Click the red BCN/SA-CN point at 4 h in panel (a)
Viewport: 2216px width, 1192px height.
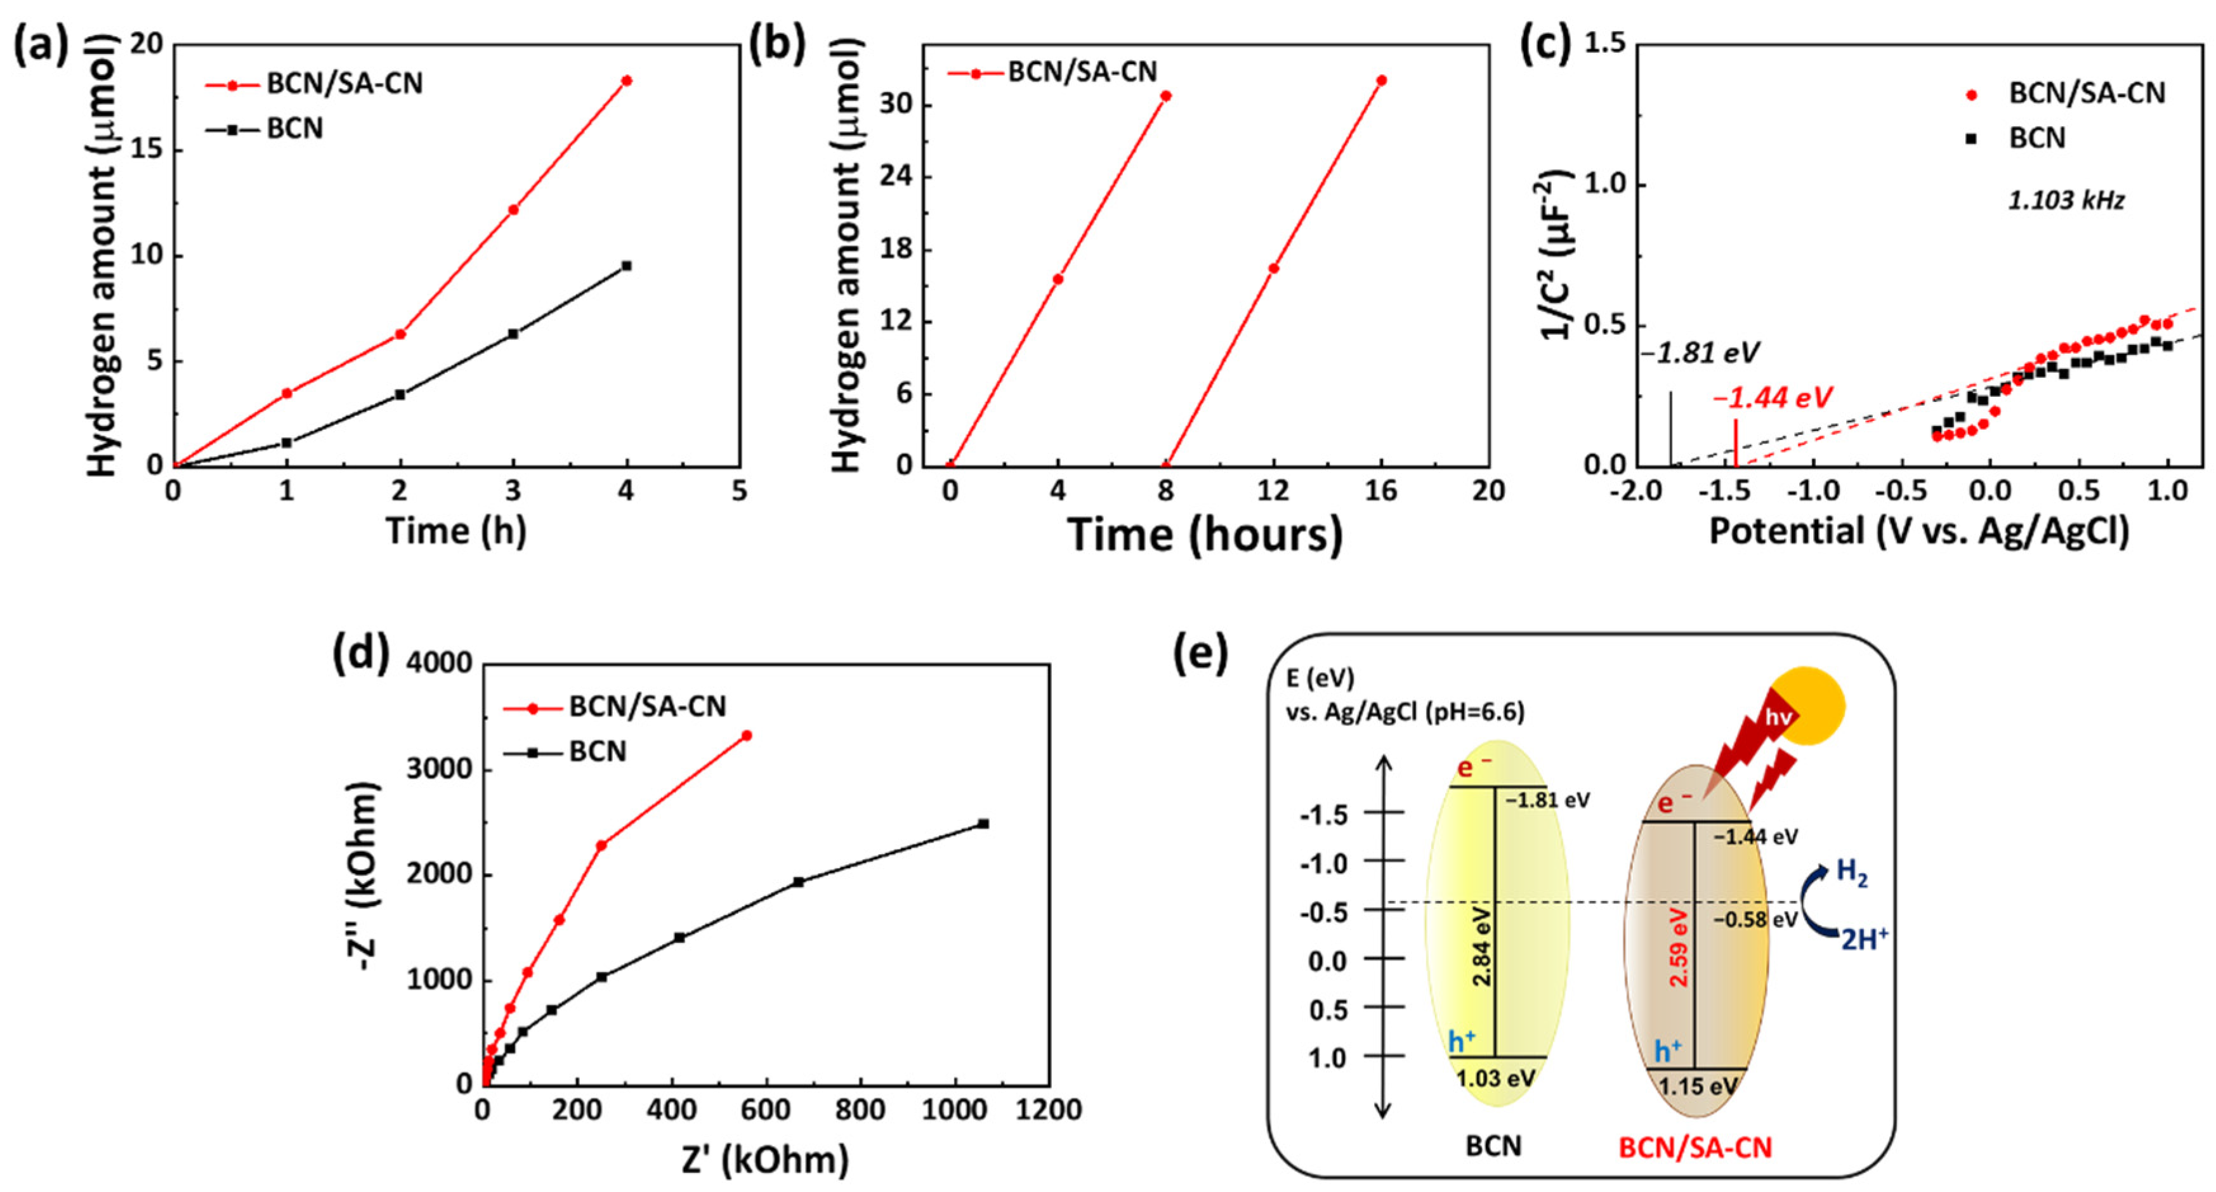[x=626, y=81]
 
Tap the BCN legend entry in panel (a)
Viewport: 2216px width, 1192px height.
[x=294, y=129]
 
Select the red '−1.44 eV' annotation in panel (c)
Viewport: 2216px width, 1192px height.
[x=1772, y=398]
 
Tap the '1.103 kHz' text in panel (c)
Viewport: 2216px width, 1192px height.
[x=2066, y=201]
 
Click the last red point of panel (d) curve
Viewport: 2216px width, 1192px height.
[x=747, y=735]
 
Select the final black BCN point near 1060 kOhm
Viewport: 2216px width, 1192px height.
[x=983, y=824]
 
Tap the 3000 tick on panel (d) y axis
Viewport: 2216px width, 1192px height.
[x=439, y=769]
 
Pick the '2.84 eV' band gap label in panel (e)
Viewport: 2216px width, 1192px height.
[x=1482, y=946]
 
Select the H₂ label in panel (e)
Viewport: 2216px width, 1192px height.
[x=1851, y=871]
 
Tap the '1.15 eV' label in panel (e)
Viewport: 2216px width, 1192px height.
[x=1696, y=1086]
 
